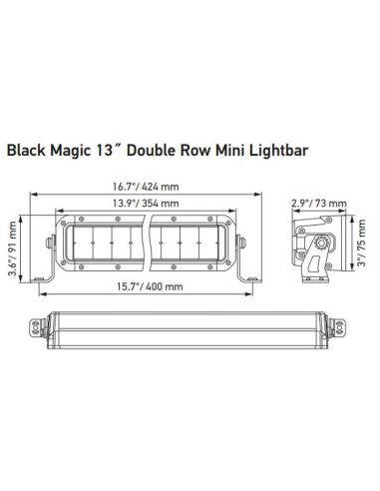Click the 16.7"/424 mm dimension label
tap(147, 184)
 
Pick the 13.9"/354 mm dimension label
tap(147, 205)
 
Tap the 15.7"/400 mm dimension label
tap(147, 287)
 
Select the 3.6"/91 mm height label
tap(13, 245)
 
